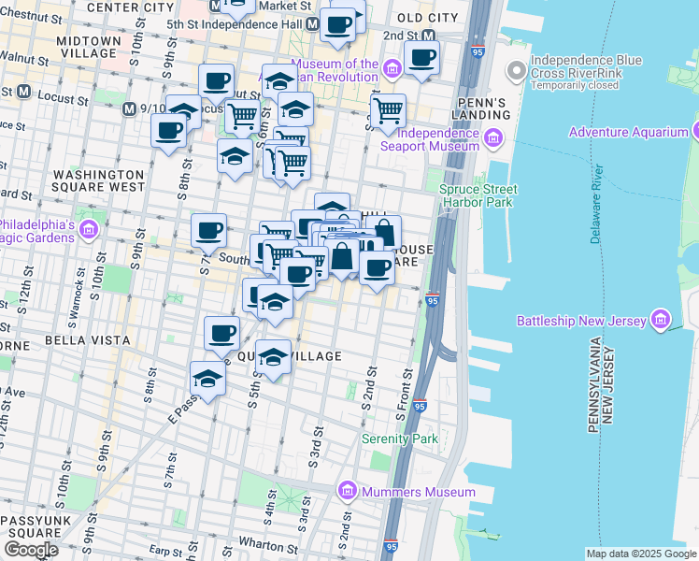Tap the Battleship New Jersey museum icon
[x=663, y=321]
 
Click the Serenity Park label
[x=400, y=439]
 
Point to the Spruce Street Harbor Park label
[x=478, y=195]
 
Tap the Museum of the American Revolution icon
[x=392, y=66]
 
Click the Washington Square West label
[x=98, y=181]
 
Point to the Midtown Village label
[x=89, y=49]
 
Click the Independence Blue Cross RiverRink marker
[x=515, y=70]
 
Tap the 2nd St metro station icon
[x=429, y=36]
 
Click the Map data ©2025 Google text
[x=640, y=554]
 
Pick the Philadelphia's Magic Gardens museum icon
[x=91, y=230]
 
